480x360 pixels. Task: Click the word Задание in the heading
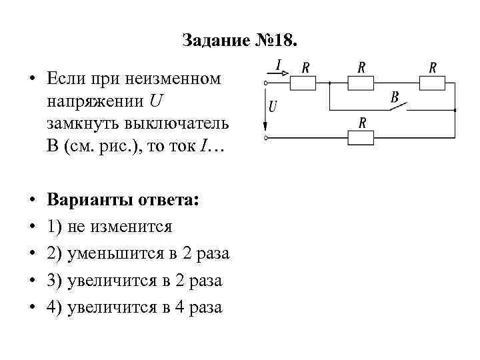coord(213,41)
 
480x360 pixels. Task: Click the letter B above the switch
coord(395,97)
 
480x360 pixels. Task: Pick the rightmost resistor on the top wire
coord(432,83)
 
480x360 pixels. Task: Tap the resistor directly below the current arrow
coord(304,83)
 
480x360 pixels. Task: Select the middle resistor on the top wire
coord(361,83)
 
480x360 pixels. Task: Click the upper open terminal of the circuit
coord(266,83)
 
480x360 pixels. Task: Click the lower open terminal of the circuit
coord(266,139)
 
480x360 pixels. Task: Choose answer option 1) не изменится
coord(110,227)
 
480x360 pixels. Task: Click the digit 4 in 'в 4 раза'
coord(179,307)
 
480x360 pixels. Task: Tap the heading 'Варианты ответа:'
coord(123,201)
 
